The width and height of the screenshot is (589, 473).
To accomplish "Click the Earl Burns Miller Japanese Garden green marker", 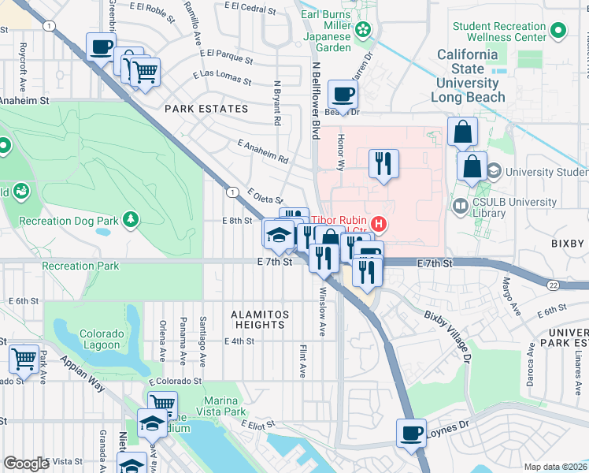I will coord(363,30).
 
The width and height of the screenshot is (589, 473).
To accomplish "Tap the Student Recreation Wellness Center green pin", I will coord(558,32).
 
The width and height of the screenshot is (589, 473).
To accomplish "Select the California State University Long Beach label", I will coord(468,76).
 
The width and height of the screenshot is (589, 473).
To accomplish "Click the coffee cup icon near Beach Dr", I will coord(343,95).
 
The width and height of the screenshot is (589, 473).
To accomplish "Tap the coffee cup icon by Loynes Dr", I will coord(411,434).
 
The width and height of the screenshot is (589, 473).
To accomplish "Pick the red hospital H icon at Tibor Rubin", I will coord(379,225).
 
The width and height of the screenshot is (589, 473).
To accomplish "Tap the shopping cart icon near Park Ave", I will coord(24,359).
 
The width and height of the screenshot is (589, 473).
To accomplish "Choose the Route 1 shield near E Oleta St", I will coord(232,192).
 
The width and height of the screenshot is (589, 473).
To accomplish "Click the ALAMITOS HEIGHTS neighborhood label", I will coord(260,318).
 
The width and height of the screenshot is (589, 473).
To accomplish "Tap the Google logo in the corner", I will coord(26,464).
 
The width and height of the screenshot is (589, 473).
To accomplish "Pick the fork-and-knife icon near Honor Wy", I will coord(383,164).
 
